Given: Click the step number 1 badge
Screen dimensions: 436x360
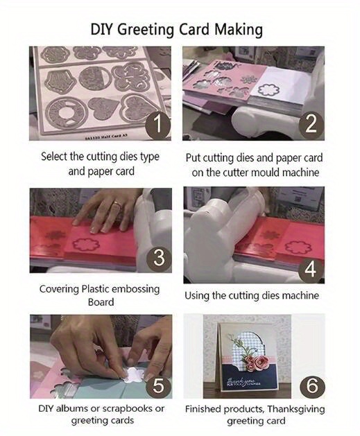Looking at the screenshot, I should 158,125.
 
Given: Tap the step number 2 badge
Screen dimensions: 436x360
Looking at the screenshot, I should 311,125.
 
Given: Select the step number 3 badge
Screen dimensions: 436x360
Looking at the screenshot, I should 158,258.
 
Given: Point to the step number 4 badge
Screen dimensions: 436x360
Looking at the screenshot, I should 311,268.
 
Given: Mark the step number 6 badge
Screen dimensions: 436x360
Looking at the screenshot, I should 311,385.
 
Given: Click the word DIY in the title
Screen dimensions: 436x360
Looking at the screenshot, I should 103,30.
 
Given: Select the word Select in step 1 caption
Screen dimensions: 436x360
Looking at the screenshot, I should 54,157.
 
